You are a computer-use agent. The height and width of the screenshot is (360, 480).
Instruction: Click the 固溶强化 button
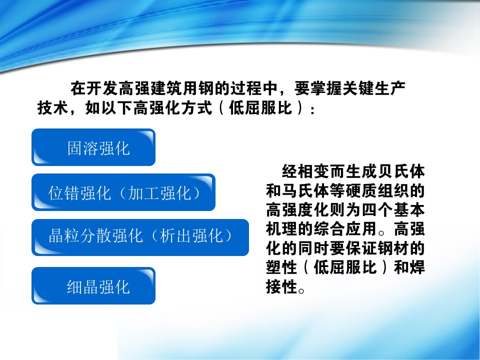(x=93, y=147)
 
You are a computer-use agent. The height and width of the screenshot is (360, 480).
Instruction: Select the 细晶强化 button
(x=93, y=286)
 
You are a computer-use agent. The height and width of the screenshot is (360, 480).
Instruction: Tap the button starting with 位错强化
(x=123, y=192)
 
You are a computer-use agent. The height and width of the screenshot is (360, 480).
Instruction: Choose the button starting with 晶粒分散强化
(x=140, y=237)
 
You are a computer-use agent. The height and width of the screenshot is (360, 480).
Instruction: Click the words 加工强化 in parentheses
(x=160, y=193)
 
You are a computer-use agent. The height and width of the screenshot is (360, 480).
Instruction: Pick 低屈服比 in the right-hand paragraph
(x=345, y=267)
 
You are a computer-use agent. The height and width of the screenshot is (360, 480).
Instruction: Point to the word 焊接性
(x=345, y=277)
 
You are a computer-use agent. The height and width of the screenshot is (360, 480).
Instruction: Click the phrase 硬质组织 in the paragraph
(x=377, y=190)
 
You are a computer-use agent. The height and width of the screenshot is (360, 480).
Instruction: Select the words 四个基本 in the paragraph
(x=393, y=210)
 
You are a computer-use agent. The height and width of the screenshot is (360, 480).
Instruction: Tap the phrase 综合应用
(x=345, y=229)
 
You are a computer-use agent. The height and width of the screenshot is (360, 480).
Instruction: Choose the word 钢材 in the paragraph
(x=393, y=248)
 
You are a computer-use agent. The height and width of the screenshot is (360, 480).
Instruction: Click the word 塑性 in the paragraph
(x=281, y=267)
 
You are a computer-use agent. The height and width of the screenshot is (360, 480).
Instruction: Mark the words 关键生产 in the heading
(x=374, y=88)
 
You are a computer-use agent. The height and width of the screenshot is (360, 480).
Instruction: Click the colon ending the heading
(x=312, y=109)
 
